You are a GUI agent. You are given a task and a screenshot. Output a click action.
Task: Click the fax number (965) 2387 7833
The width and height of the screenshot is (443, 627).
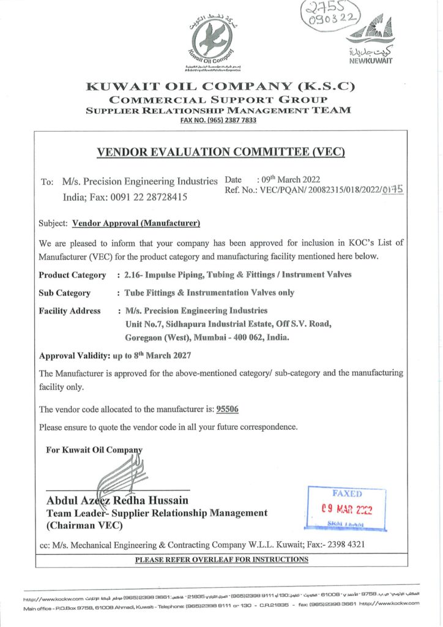point(218,120)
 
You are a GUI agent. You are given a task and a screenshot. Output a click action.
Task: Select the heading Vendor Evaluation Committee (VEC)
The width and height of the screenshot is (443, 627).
point(221,152)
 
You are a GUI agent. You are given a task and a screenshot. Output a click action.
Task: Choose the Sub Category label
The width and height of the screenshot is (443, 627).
point(65,293)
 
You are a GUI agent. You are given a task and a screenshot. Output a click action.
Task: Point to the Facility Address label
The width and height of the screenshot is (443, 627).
point(70,311)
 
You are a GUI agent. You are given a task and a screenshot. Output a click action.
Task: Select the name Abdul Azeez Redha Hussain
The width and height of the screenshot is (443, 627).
point(117,501)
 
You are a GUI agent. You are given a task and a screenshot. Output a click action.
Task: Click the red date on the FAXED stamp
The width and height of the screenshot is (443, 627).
point(347,509)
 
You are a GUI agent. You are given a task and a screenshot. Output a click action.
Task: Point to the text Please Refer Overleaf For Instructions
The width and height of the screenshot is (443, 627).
point(221,560)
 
